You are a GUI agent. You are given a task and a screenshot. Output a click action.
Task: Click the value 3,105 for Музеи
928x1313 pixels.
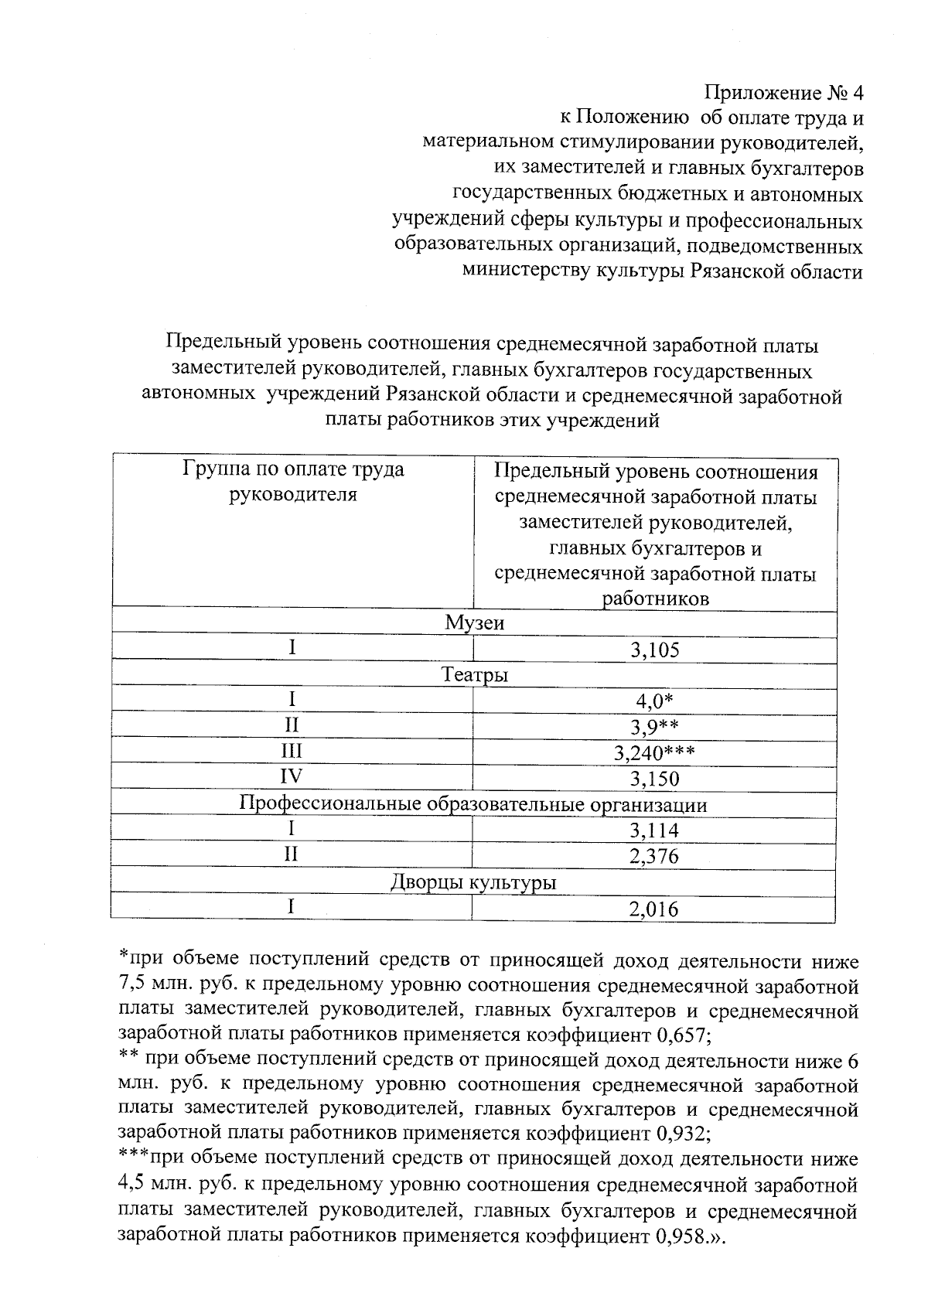tap(654, 650)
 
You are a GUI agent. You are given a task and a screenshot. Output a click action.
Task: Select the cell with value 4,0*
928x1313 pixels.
tap(654, 701)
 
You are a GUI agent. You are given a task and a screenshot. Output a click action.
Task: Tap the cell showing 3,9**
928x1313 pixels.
tap(654, 727)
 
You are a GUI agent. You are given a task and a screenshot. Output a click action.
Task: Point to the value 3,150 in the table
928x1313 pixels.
tap(654, 779)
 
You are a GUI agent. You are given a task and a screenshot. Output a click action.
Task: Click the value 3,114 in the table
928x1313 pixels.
tap(654, 830)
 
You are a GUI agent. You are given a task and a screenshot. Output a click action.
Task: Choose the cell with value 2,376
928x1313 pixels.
tap(654, 856)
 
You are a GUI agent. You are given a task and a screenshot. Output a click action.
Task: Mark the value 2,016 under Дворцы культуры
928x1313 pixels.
tap(654, 909)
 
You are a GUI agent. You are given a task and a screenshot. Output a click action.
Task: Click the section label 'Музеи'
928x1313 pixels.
tap(474, 622)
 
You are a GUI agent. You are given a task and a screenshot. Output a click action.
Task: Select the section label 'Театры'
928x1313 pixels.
tap(474, 675)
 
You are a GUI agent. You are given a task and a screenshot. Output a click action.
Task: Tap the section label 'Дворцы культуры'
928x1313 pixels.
tap(473, 882)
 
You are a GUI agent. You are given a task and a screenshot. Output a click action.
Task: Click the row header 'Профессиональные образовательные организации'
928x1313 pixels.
tap(473, 804)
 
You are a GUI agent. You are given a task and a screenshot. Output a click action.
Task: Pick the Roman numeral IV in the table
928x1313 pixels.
tap(292, 776)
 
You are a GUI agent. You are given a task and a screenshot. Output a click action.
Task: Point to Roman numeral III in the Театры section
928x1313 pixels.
tap(292, 751)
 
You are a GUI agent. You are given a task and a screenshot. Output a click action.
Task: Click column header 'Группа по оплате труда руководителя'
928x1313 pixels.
tap(293, 481)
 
